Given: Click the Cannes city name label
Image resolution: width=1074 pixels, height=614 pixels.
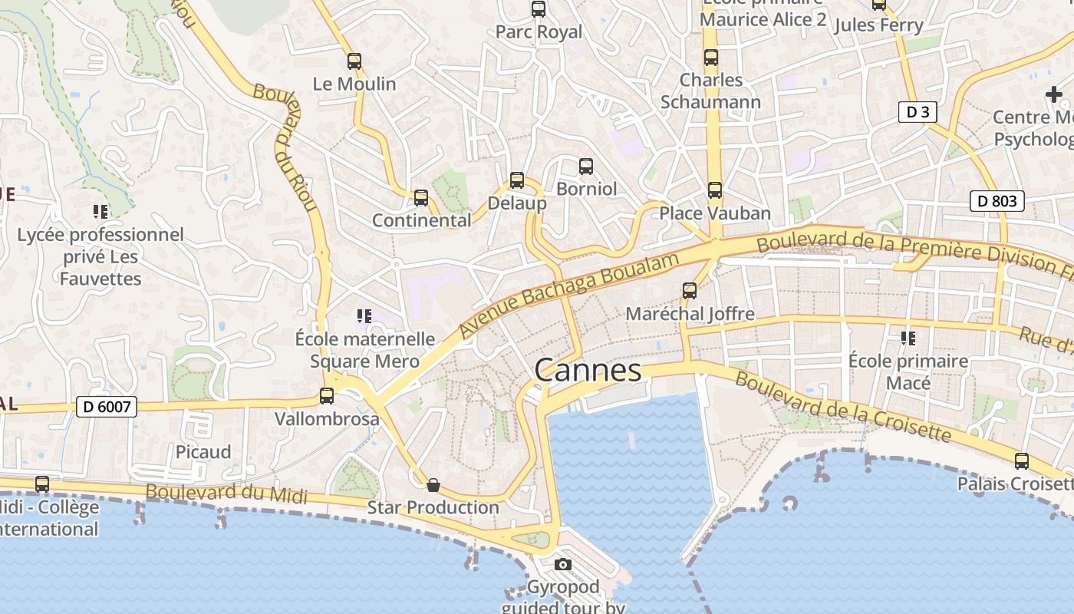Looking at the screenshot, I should click(588, 371).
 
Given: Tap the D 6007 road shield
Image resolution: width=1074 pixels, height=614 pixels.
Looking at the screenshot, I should click(107, 407).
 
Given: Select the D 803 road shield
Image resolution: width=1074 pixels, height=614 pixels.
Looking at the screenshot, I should click(997, 201).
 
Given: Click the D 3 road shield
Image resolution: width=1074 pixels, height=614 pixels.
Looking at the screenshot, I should click(918, 112).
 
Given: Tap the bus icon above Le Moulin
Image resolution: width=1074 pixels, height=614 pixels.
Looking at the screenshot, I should click(354, 61).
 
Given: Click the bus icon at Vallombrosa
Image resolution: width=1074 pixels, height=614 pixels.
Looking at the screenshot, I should click(327, 396).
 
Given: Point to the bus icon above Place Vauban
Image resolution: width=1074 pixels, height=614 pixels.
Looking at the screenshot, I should click(715, 190).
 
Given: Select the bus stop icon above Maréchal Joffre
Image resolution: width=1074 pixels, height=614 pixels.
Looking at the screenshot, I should click(690, 291).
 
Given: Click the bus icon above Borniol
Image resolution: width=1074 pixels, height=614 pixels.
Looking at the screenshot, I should click(586, 166).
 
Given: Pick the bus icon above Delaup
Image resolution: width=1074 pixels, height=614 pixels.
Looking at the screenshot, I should click(517, 180).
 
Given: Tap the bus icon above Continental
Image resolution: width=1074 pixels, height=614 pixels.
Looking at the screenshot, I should click(421, 198).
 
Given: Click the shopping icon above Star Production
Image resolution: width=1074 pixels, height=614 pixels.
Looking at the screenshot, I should click(433, 485).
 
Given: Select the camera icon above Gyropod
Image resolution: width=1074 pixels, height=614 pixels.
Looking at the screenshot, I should click(563, 565).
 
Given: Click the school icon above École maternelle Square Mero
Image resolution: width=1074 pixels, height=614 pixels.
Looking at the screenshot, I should click(364, 315).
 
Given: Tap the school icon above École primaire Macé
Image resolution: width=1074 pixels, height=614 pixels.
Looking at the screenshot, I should click(908, 338).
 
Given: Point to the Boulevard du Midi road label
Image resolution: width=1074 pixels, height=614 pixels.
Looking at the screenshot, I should click(226, 494).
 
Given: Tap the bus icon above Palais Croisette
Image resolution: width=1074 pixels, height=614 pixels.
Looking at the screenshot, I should click(1022, 461).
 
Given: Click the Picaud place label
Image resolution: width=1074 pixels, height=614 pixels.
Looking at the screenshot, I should click(203, 452).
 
